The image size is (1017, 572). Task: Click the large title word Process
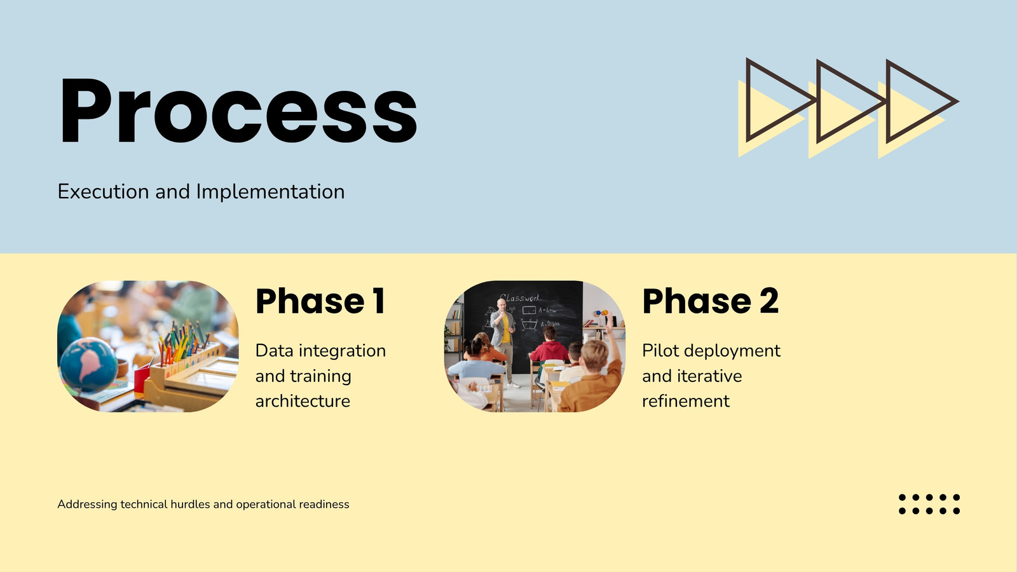click(x=238, y=111)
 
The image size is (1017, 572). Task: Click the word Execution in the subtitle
click(x=103, y=191)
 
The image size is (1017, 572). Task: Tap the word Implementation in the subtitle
click(x=270, y=191)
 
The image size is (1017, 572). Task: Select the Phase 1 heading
click(x=320, y=301)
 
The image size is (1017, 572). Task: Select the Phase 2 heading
click(x=711, y=301)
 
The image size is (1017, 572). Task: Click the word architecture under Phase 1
click(x=303, y=401)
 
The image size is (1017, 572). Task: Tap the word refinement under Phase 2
click(x=686, y=401)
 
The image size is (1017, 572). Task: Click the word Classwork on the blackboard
click(x=520, y=298)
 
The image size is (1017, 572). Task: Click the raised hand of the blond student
click(x=610, y=322)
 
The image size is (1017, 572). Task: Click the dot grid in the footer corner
click(x=929, y=504)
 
